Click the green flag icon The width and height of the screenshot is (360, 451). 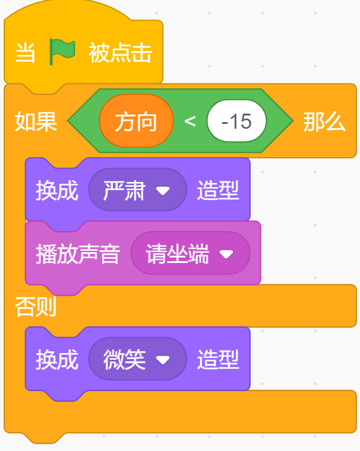[63, 53]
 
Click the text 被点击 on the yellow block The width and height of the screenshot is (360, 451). [120, 53]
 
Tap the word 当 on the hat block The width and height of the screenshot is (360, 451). [25, 53]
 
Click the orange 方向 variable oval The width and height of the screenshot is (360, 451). [136, 122]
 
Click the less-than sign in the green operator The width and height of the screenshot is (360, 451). [190, 122]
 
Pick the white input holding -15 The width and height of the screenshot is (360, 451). [236, 122]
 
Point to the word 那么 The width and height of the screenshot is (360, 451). [324, 122]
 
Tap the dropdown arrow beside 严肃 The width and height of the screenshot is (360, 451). [163, 190]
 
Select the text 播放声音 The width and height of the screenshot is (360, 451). [78, 254]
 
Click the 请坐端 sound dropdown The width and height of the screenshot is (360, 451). [189, 254]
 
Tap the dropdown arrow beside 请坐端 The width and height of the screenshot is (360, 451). [227, 255]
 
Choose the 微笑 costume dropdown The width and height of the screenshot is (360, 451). [137, 360]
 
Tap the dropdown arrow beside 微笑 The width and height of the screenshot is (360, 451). [163, 360]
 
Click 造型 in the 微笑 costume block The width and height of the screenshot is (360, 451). [218, 360]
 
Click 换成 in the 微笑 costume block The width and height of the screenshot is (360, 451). [57, 360]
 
